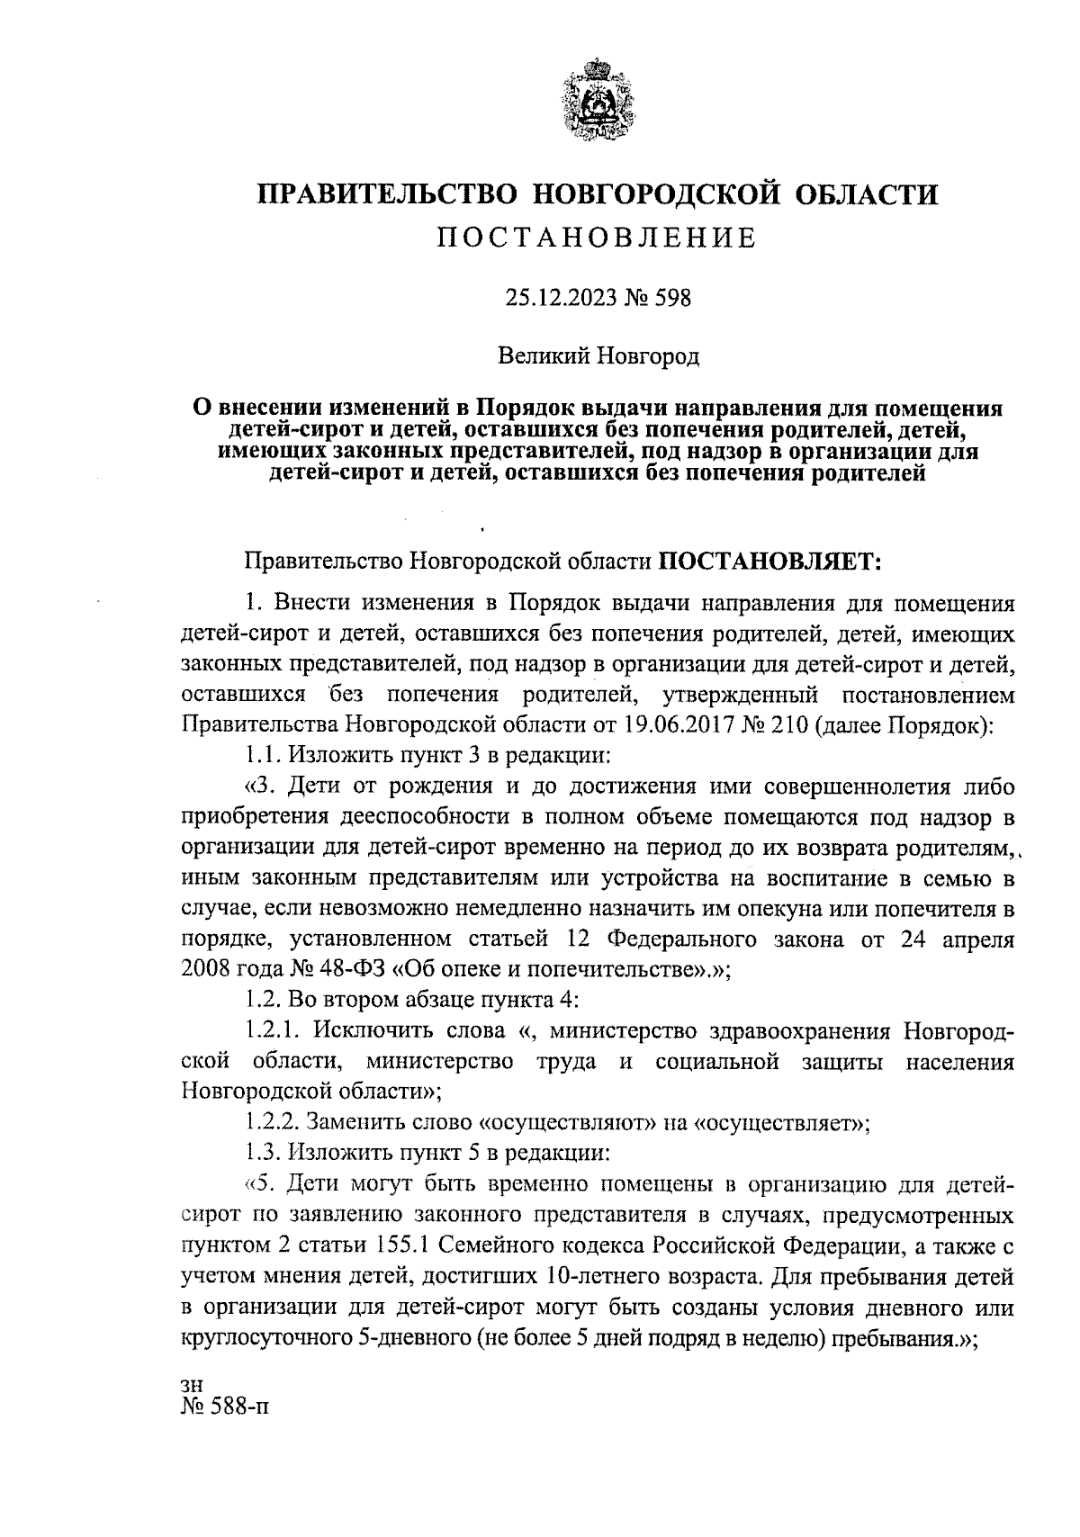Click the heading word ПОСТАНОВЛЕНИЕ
[x=597, y=238]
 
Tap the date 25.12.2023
[x=559, y=298]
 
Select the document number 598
[x=672, y=298]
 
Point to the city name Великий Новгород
[x=599, y=356]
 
